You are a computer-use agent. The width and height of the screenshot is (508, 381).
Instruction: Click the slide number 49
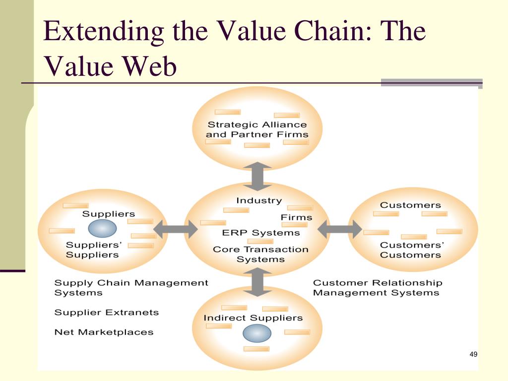click(x=473, y=354)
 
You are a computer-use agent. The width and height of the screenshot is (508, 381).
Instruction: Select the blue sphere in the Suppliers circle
click(x=102, y=228)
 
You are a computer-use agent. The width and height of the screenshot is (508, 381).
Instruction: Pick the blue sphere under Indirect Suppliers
click(x=257, y=333)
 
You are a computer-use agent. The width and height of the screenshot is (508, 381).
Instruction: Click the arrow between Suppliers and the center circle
click(x=176, y=229)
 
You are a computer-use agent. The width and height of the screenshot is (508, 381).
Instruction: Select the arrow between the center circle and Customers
click(x=339, y=229)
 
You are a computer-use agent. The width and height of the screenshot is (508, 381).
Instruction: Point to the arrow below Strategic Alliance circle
click(x=257, y=177)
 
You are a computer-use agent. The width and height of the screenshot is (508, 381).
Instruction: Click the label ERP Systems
click(x=261, y=233)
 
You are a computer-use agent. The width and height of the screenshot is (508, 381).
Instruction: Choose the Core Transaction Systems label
click(x=260, y=254)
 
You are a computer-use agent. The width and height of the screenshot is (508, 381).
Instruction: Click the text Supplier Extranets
click(x=106, y=313)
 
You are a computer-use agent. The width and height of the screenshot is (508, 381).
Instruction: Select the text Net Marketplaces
click(x=104, y=332)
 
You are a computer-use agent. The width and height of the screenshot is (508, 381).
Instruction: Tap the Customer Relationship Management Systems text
click(x=377, y=288)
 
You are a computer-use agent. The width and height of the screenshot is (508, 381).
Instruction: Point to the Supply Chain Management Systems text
click(x=131, y=288)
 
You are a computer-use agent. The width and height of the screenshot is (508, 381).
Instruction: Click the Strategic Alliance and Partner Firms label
click(x=257, y=129)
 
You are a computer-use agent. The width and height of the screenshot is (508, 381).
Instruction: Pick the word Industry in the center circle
click(x=258, y=201)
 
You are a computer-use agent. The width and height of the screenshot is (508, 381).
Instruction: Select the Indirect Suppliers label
click(x=253, y=317)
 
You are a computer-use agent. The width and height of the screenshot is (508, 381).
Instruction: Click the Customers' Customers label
click(x=411, y=250)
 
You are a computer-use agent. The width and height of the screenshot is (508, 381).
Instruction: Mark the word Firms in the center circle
click(x=297, y=217)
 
